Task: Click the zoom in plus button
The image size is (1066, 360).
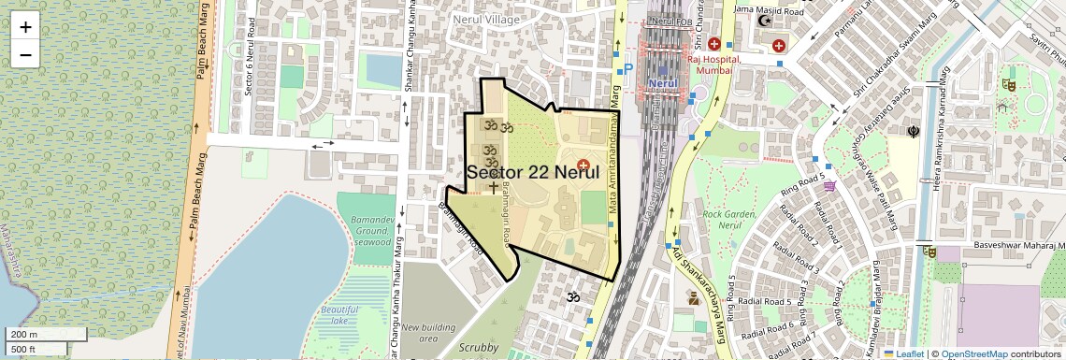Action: point(25,26)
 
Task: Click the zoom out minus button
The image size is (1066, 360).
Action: point(25,54)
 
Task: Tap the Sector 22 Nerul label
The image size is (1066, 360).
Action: point(532,172)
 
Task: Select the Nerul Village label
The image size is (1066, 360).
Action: point(485,18)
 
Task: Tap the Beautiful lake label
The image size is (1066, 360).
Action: point(339,314)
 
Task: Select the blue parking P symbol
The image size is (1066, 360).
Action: point(628,68)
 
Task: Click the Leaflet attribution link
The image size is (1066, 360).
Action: point(903,353)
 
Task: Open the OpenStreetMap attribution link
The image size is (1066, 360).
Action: point(973,353)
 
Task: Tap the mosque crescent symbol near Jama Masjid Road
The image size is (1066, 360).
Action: point(765,20)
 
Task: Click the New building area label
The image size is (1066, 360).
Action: point(438,332)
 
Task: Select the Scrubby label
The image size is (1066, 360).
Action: point(479,348)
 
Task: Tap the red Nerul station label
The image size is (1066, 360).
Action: point(662,81)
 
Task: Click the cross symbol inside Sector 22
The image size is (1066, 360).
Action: point(494,188)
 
